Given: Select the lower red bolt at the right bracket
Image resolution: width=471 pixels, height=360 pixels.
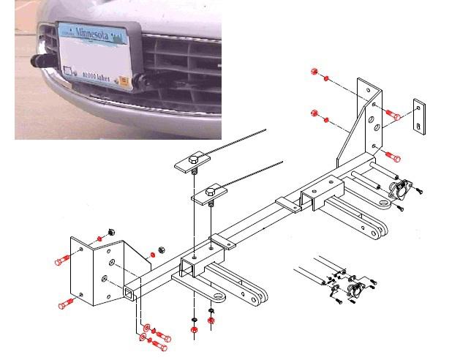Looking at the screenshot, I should [x=393, y=156].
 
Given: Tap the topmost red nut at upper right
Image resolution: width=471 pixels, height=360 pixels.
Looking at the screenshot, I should [x=314, y=72].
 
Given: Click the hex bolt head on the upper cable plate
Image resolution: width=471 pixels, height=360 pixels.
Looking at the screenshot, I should [x=194, y=159].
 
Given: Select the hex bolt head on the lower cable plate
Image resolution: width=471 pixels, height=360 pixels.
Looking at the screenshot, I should [x=212, y=192].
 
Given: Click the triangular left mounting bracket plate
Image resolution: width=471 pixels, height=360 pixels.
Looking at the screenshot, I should [x=97, y=270].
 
